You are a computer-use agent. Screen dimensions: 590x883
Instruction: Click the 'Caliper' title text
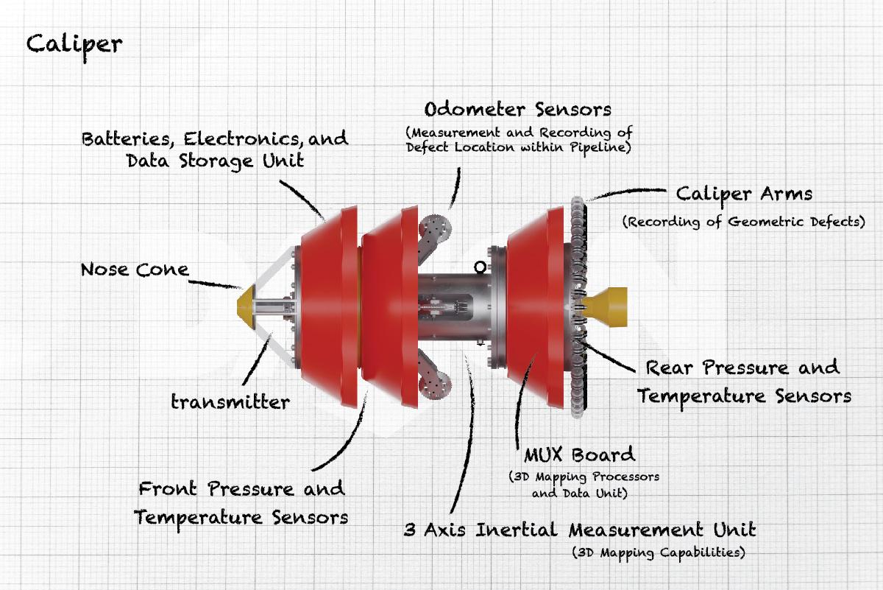point(74,43)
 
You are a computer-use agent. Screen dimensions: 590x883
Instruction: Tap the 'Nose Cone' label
point(134,270)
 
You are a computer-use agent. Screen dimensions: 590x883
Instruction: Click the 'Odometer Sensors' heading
point(518,110)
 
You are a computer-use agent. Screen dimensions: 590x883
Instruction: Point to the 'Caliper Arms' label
point(744,194)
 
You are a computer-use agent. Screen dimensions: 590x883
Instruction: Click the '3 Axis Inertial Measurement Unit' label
point(580,530)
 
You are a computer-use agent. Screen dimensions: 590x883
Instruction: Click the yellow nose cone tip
point(245,303)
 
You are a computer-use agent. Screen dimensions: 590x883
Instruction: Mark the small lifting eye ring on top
point(481,267)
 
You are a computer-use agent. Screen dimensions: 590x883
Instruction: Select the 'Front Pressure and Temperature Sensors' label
point(241,502)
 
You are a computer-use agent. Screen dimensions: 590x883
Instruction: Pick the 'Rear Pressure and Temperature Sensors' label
point(743,382)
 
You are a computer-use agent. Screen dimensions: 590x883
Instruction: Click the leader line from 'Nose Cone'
point(216,281)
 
